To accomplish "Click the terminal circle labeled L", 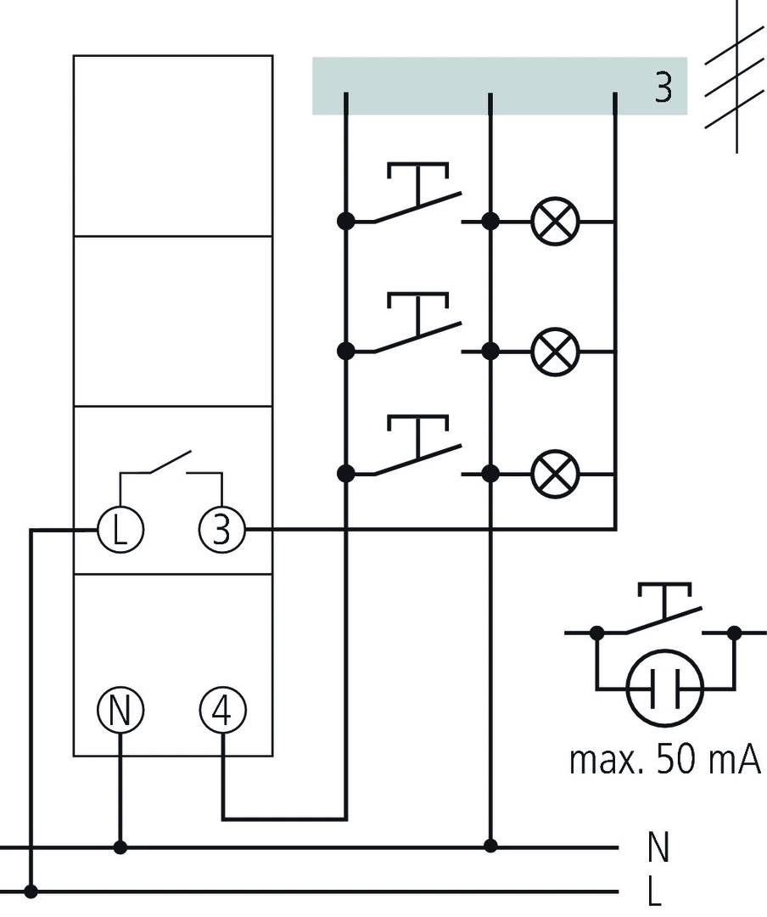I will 120,530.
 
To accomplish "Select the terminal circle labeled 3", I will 221,530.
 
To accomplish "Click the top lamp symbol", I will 555,222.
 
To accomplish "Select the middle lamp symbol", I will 555,350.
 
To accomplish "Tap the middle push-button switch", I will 417,326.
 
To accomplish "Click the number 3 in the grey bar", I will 663,88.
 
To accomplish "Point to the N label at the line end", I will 658,847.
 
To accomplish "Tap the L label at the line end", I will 654,892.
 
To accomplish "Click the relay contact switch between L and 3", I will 171,465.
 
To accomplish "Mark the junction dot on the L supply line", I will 31,892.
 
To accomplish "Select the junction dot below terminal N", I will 120,847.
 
